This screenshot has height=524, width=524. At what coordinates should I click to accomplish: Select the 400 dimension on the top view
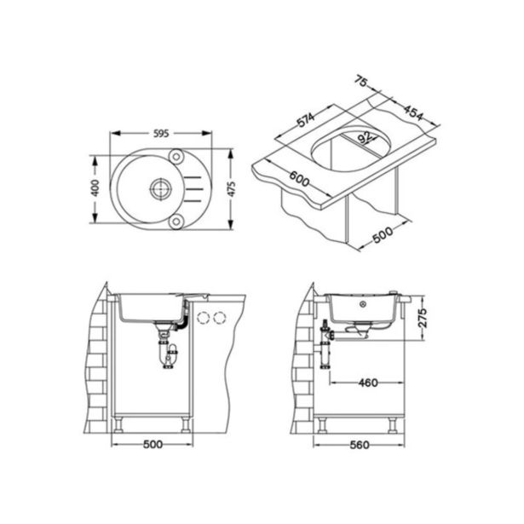95,187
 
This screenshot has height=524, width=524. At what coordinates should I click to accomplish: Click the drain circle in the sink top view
158,187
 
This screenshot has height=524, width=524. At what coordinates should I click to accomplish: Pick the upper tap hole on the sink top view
176,156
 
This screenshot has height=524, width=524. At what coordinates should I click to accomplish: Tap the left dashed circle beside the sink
204,318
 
